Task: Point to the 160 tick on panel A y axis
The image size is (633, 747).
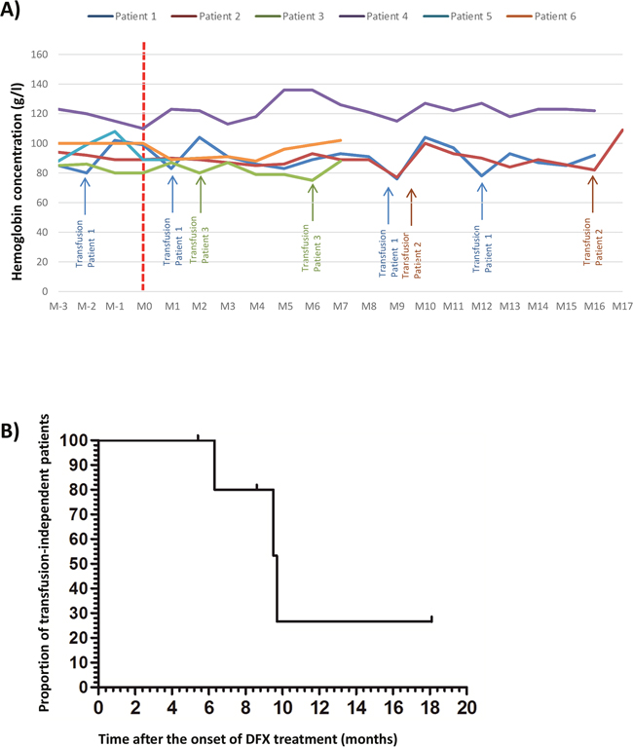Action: click(x=38, y=55)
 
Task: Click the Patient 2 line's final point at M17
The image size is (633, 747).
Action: click(x=621, y=131)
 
